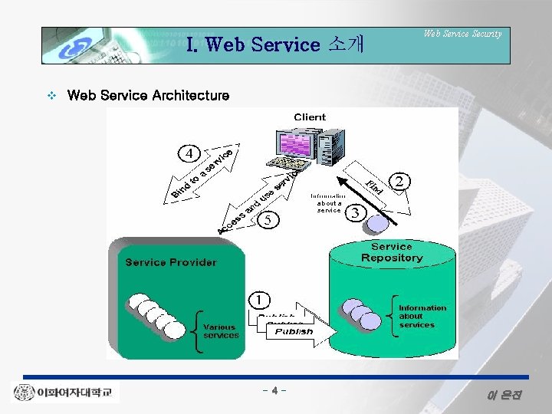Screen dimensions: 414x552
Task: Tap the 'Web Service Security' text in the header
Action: tap(462, 34)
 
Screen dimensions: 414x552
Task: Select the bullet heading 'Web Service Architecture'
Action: tap(148, 95)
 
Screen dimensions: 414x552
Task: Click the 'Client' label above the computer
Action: tap(310, 117)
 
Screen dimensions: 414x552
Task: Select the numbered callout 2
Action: tap(401, 181)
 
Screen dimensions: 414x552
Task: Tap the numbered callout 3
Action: tap(355, 211)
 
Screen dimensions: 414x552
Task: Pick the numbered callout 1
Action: tap(262, 297)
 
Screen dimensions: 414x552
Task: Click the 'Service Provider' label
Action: tap(171, 262)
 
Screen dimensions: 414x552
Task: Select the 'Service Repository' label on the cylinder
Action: tap(392, 252)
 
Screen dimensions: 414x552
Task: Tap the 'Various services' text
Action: tap(221, 331)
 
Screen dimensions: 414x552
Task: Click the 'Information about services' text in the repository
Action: tap(422, 316)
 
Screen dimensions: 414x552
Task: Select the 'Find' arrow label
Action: tap(374, 185)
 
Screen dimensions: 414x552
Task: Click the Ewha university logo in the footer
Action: tap(66, 393)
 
